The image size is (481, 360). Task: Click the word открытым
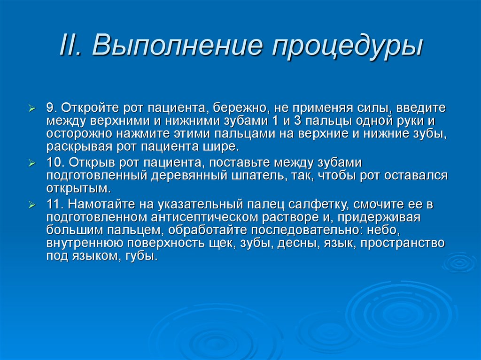tap(78, 189)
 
